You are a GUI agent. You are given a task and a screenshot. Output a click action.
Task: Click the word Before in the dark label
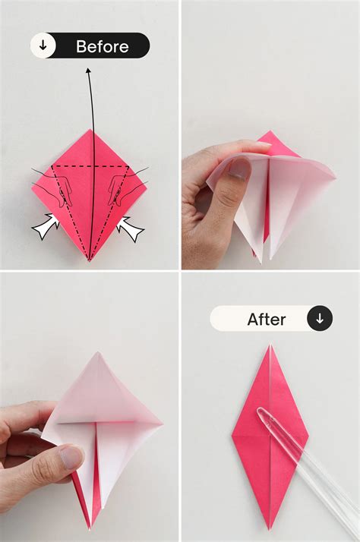point(102,46)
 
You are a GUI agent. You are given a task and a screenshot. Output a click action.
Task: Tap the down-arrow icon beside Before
point(43,46)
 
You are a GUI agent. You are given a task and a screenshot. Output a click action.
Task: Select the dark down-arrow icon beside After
point(319,319)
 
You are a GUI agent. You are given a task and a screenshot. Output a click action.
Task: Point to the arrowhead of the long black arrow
point(90,71)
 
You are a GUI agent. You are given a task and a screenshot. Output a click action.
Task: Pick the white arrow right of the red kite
point(131,228)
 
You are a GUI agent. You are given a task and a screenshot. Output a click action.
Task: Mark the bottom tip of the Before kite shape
point(90,260)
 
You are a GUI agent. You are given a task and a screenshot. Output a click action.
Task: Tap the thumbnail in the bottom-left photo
point(71,456)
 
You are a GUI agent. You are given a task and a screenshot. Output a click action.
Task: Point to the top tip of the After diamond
point(270,346)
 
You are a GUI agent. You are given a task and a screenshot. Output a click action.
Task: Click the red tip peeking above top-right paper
point(267,137)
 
